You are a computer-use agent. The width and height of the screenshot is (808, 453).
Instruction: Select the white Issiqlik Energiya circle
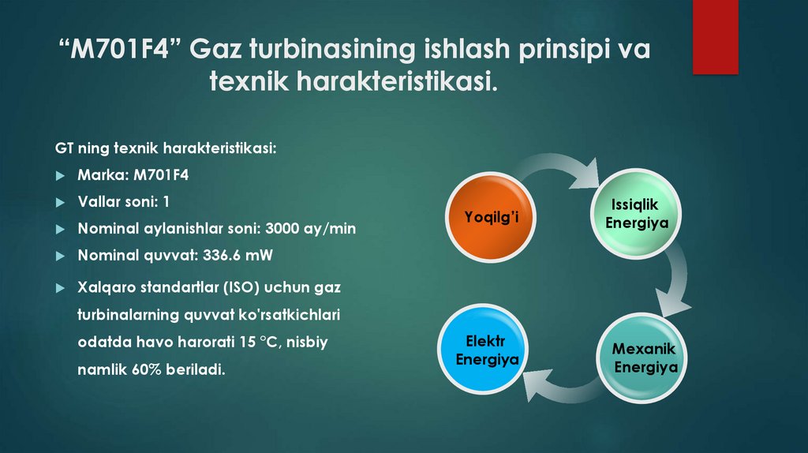pos(636,213)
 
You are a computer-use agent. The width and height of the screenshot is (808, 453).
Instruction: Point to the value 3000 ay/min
pos(311,229)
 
